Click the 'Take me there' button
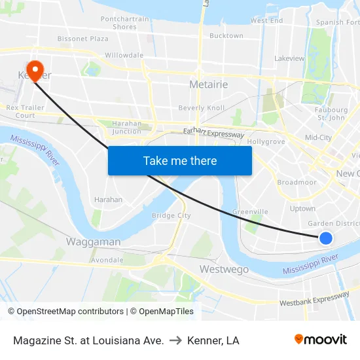point(180,160)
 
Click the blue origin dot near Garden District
point(326,238)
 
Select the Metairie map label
point(207,84)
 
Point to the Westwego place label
point(224,269)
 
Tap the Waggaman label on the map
point(93,242)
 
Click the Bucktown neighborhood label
point(226,36)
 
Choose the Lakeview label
point(289,58)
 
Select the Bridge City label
point(171,215)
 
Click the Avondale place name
point(107,260)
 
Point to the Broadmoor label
point(297,183)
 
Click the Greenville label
point(250,212)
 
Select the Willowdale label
point(124,56)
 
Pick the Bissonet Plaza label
point(82,39)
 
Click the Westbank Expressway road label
point(314,300)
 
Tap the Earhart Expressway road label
point(213,134)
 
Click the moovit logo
point(320,340)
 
